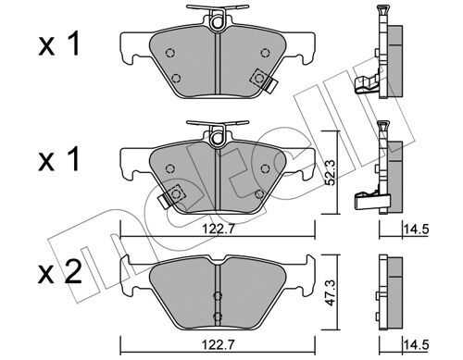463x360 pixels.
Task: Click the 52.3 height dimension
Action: pyautogui.click(x=331, y=174)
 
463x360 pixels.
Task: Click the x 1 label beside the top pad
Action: pyautogui.click(x=59, y=44)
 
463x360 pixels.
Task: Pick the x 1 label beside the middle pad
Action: pyautogui.click(x=59, y=159)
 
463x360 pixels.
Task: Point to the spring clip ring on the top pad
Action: pyautogui.click(x=218, y=22)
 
